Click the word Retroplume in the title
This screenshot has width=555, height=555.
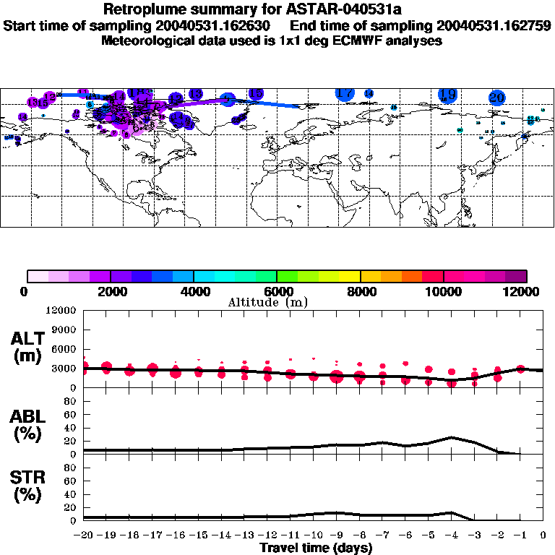(145, 9)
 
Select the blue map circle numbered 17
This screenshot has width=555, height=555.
(345, 93)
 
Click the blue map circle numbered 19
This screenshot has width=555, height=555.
(447, 95)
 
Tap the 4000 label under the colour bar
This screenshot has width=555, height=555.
(194, 291)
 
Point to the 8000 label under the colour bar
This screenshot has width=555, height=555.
(360, 291)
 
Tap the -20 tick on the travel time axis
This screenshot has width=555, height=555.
(85, 535)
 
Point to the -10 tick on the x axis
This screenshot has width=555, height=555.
(314, 535)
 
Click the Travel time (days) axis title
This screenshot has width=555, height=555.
(316, 548)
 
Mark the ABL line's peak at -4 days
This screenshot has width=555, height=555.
(452, 437)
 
